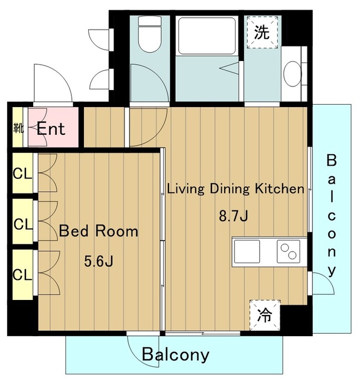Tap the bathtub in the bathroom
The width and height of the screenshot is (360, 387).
click(207, 36)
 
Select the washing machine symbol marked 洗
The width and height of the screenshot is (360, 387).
click(262, 32)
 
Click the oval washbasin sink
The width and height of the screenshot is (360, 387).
click(292, 74)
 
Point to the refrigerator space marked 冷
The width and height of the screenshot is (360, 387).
click(265, 315)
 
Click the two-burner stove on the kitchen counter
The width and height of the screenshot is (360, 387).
click(289, 252)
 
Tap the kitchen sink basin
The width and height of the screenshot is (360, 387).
click(247, 252)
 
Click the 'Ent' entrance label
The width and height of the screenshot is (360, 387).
click(51, 129)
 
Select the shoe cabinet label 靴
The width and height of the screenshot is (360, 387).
click(18, 128)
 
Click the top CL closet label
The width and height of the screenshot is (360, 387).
click(22, 174)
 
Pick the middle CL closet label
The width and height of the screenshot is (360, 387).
click(23, 224)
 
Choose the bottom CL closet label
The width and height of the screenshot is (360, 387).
click(22, 275)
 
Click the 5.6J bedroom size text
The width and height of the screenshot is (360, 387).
click(98, 261)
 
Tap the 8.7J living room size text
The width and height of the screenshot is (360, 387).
click(234, 216)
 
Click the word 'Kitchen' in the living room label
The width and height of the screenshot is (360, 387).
click(280, 189)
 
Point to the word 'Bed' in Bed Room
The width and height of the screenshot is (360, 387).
click(74, 231)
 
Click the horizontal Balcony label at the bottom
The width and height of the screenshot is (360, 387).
click(176, 355)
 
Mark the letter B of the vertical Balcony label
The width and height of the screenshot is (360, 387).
click(332, 160)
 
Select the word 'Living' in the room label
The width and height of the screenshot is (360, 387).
click(186, 189)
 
